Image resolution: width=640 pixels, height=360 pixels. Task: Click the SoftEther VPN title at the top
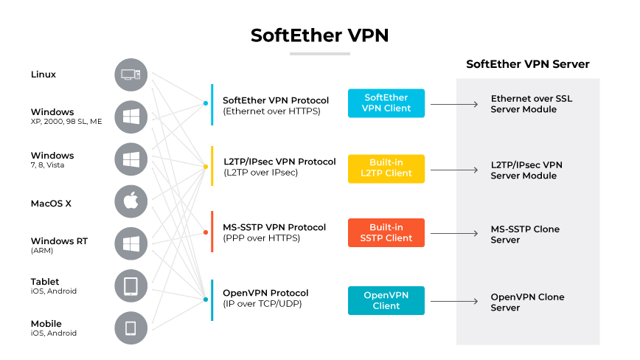319,35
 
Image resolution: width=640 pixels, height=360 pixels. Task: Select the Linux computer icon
131,75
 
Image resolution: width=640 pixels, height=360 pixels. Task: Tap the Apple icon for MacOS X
131,201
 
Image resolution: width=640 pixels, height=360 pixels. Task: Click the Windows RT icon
131,244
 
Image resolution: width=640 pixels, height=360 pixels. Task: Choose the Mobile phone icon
131,328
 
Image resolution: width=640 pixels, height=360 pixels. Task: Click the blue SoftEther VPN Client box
386,103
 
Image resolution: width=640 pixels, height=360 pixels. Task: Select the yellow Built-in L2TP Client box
386,168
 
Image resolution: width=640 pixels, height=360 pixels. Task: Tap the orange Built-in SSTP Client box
386,232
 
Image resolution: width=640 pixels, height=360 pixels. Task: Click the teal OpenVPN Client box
386,300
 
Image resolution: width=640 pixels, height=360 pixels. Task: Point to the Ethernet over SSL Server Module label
531,104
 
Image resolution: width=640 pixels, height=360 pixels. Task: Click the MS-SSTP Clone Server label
525,235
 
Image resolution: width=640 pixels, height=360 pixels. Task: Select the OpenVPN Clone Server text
527,302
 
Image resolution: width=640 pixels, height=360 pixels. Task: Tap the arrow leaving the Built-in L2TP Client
453,169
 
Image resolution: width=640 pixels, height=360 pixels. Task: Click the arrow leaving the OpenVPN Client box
453,301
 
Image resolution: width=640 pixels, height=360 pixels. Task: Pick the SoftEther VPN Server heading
527,64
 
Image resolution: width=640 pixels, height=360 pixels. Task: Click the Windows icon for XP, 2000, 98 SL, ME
131,117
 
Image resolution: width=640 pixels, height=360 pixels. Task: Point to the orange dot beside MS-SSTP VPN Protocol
206,232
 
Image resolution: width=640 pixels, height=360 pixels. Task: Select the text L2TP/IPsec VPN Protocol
279,162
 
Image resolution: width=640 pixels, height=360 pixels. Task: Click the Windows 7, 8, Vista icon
131,159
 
